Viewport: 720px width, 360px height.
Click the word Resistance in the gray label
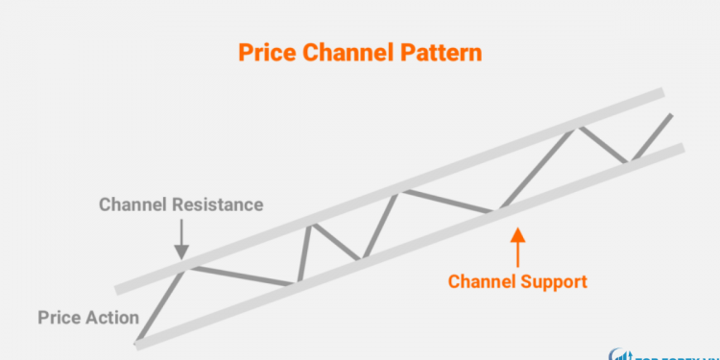[219, 204]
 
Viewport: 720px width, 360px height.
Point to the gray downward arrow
[180, 236]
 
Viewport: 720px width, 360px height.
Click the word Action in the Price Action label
[114, 317]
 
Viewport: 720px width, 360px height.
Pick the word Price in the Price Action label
[60, 317]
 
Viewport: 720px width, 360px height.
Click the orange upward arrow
[516, 245]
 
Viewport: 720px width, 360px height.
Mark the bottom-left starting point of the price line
[138, 342]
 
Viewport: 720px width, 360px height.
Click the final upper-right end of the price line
[669, 116]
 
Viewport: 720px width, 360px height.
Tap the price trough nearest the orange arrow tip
[498, 209]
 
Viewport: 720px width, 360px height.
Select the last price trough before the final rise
[628, 161]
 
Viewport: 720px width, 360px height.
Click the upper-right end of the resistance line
[661, 93]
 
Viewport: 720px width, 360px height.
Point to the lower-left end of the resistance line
[117, 289]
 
